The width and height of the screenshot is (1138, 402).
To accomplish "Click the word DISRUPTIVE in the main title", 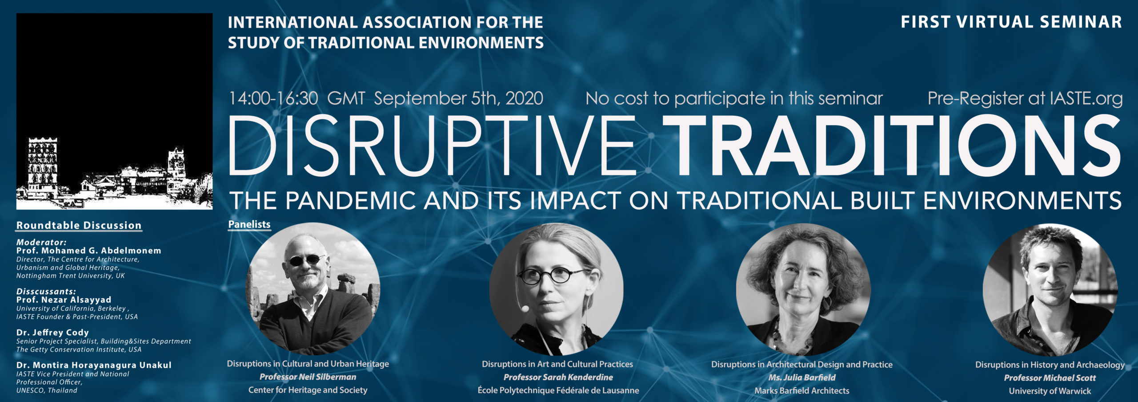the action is tap(432, 145).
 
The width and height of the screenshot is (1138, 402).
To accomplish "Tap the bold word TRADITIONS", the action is tap(892, 145).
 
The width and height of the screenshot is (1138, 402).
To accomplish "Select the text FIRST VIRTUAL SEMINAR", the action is tap(1011, 22).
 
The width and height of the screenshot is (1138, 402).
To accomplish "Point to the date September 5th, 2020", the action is tap(458, 98).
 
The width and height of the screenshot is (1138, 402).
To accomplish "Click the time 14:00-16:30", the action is tap(273, 98).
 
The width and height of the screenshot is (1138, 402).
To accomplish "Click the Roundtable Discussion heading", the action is tap(79, 225).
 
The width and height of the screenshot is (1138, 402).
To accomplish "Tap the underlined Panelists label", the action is tap(249, 224).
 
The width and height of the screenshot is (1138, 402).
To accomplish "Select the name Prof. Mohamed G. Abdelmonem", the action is tap(89, 251).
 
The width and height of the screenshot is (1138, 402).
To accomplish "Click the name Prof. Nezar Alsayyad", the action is tap(64, 300).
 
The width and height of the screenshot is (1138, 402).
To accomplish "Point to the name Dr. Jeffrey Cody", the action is tap(52, 333).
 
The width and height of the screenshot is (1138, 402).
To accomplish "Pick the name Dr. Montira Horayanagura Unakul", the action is tap(94, 365).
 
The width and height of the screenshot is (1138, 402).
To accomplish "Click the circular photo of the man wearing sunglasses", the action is tap(313, 289).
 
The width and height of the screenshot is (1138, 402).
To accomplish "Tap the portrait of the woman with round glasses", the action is tap(557, 289).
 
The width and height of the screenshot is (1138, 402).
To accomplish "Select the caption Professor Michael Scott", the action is tap(1050, 378).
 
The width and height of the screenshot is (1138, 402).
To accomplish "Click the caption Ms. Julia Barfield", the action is tap(802, 378).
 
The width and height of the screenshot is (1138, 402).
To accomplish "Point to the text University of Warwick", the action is tap(1050, 391).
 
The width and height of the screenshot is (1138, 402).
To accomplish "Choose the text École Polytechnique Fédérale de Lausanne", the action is tap(558, 390).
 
